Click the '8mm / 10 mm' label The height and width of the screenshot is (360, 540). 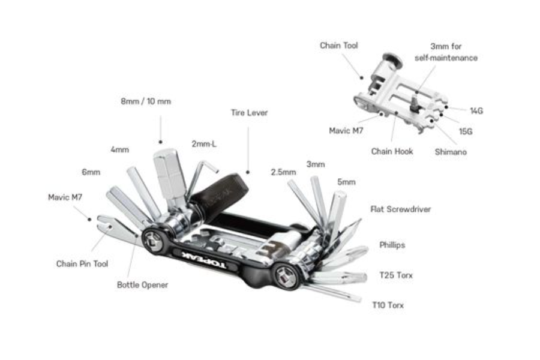pyautogui.click(x=146, y=101)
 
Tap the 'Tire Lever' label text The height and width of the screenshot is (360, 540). pyautogui.click(x=249, y=113)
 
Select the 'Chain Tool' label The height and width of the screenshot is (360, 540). pyautogui.click(x=339, y=46)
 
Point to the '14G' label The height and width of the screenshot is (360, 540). pyautogui.click(x=476, y=111)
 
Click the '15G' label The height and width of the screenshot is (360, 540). pyautogui.click(x=466, y=131)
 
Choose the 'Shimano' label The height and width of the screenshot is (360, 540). pyautogui.click(x=451, y=152)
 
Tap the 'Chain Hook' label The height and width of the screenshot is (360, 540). pyautogui.click(x=392, y=151)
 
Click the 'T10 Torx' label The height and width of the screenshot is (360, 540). pyautogui.click(x=388, y=305)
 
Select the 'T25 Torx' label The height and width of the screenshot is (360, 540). pyautogui.click(x=396, y=275)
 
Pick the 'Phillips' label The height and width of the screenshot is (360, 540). pyautogui.click(x=392, y=245)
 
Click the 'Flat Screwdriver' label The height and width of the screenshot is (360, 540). pyautogui.click(x=401, y=209)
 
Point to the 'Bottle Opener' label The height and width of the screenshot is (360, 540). pyautogui.click(x=143, y=285)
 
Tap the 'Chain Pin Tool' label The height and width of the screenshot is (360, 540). pyautogui.click(x=82, y=264)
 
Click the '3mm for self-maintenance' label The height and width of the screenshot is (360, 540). pyautogui.click(x=446, y=52)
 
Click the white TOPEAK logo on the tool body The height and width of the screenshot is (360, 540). pyautogui.click(x=204, y=260)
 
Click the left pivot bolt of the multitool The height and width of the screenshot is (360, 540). pyautogui.click(x=154, y=239)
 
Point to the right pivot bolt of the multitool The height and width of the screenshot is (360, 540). pyautogui.click(x=286, y=276)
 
